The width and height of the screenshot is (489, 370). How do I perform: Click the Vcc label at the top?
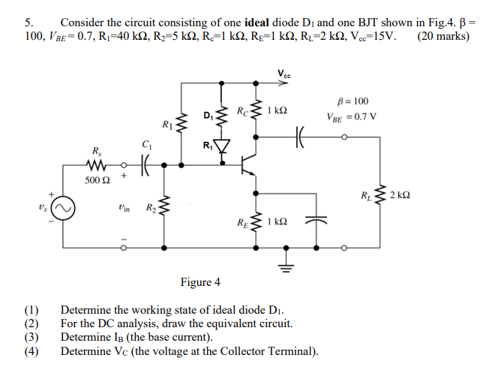click(x=284, y=74)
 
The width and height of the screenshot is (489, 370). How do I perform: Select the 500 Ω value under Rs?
click(x=97, y=181)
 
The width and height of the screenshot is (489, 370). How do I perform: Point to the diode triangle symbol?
click(x=222, y=143)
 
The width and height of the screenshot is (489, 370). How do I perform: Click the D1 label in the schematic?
click(x=208, y=115)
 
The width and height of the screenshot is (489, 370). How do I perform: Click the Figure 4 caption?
click(x=200, y=282)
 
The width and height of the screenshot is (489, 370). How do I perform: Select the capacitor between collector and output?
click(x=303, y=137)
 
